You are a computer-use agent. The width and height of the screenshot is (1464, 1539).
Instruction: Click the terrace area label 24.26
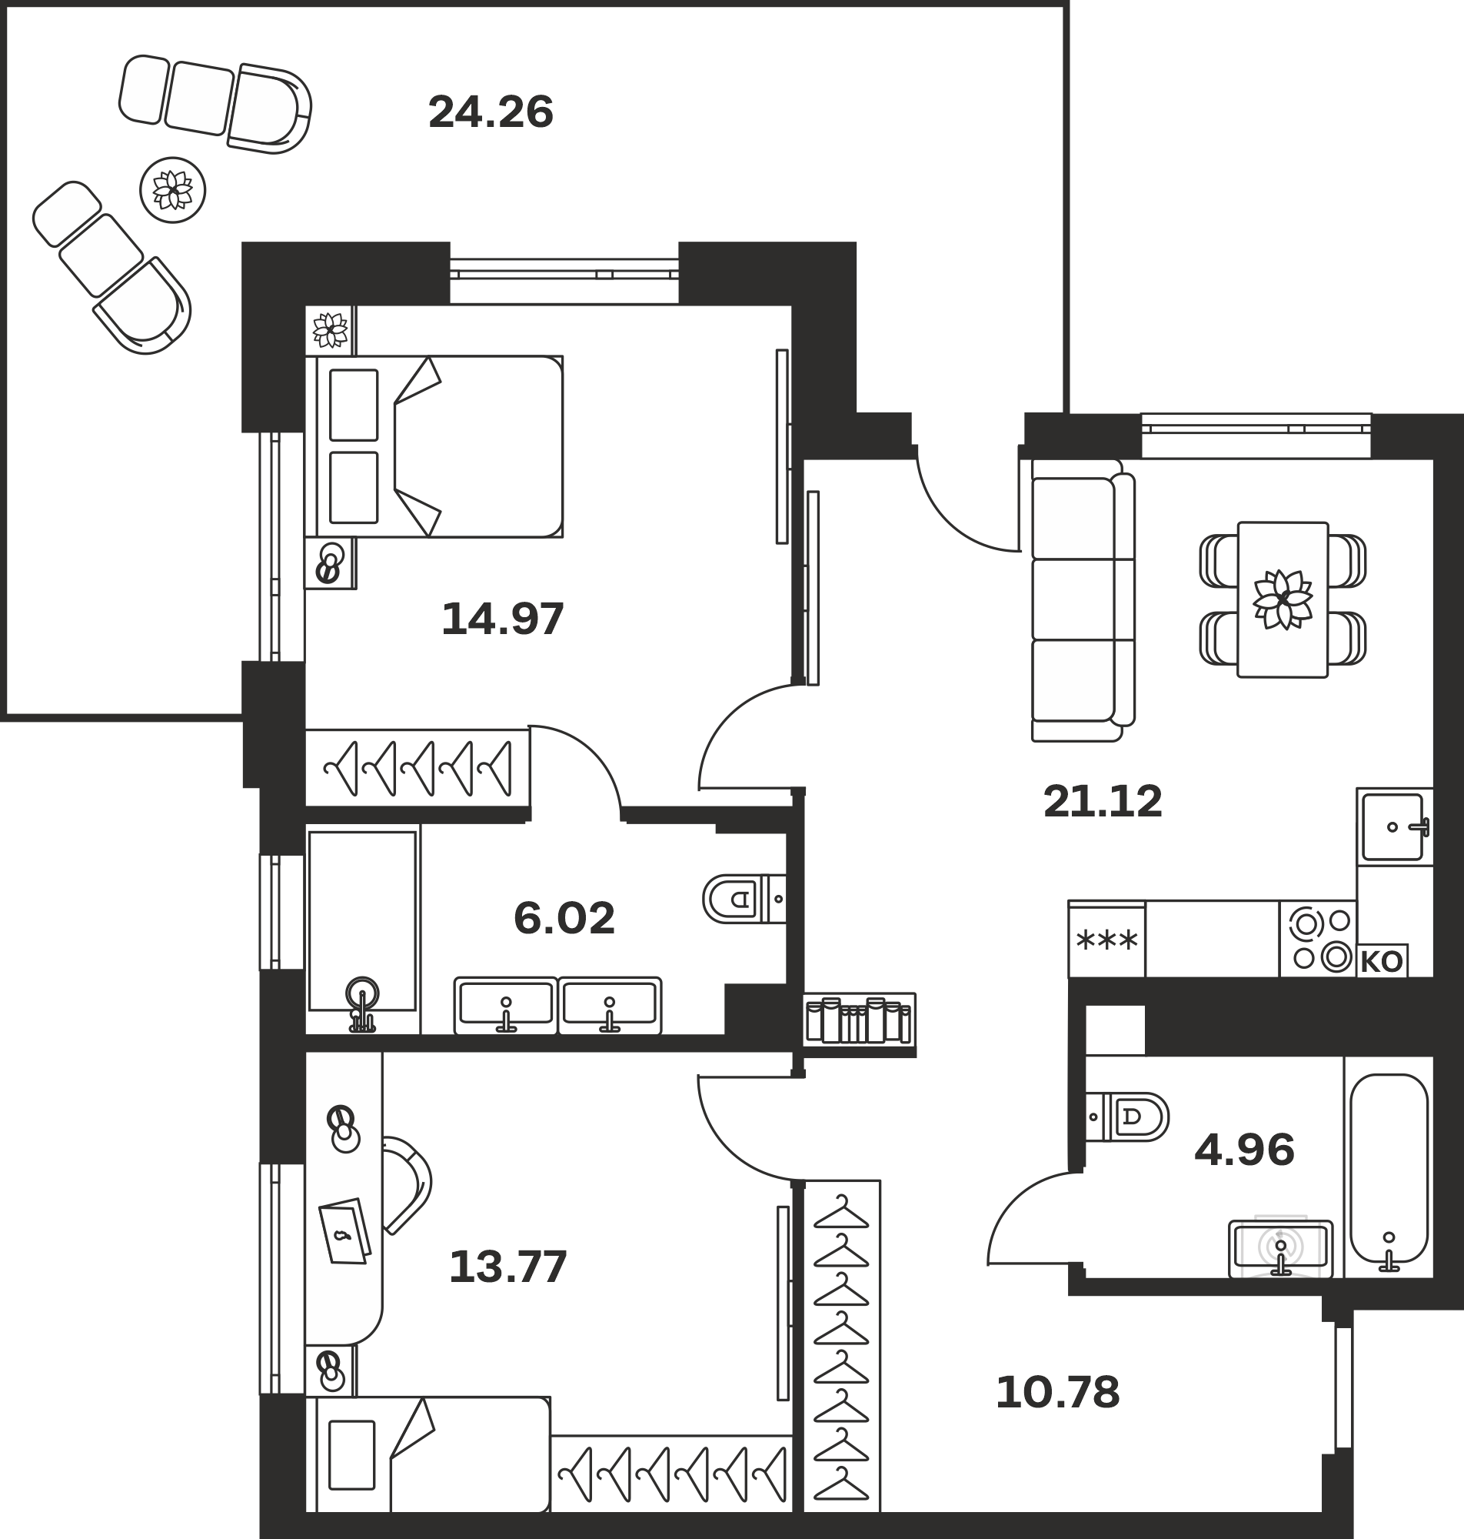click(491, 112)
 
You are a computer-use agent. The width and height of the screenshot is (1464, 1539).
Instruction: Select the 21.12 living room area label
click(1103, 801)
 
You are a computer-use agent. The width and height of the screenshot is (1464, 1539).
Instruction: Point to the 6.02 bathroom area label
click(564, 918)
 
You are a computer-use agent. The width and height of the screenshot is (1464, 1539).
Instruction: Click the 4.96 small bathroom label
click(1245, 1150)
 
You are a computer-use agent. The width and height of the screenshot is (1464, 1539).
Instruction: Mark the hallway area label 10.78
click(1057, 1393)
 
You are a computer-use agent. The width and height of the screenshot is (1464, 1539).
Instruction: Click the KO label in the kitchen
click(1381, 962)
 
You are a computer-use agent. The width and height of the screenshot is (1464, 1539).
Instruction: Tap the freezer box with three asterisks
click(1106, 940)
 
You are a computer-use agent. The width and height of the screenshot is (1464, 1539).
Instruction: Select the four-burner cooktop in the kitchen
click(1318, 939)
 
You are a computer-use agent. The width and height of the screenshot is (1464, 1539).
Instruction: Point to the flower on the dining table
click(1283, 599)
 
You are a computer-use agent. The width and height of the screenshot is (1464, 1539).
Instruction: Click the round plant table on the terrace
click(172, 190)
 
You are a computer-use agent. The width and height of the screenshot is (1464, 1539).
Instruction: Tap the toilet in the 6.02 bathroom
click(744, 899)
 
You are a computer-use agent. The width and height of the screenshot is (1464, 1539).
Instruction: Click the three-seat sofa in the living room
click(1083, 599)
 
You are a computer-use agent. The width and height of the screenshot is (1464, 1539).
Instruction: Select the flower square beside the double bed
click(329, 329)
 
